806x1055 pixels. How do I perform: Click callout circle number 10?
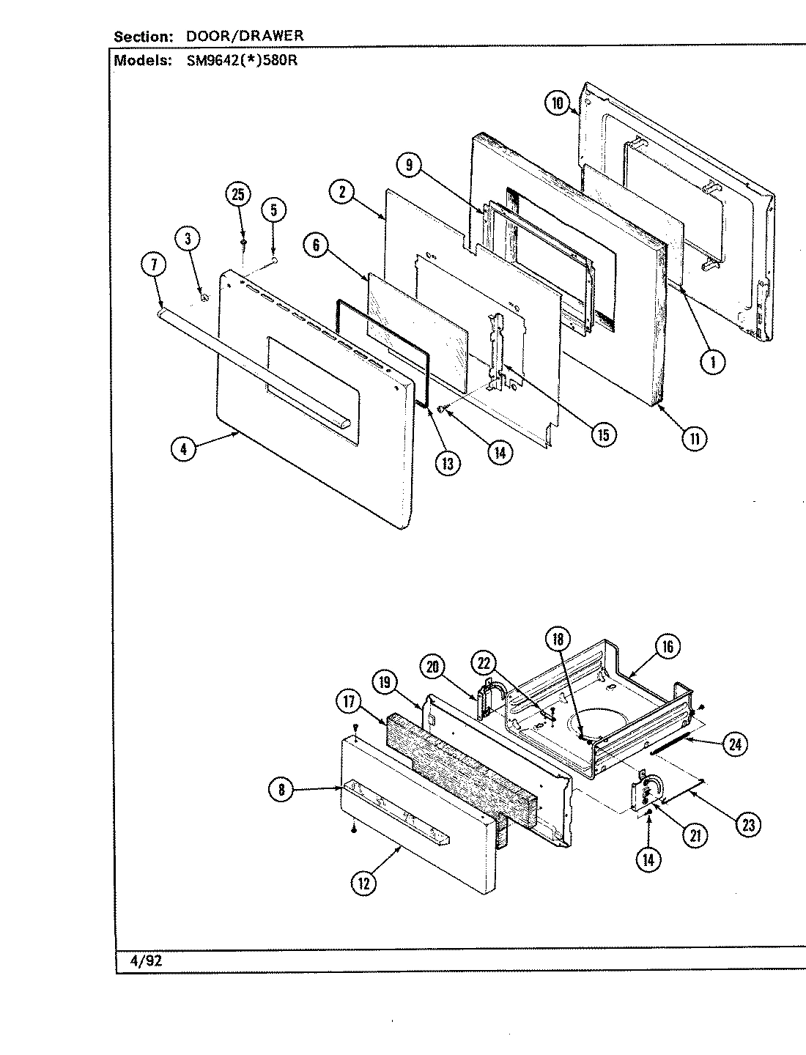tap(558, 103)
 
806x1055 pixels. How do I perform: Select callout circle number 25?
tap(238, 194)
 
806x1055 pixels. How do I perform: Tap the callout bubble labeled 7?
tap(153, 267)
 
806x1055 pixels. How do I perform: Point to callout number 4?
tap(184, 448)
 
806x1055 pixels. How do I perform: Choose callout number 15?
tap(604, 434)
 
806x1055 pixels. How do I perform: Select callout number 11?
tap(694, 439)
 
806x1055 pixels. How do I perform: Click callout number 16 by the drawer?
tap(668, 646)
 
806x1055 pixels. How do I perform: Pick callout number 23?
tap(747, 825)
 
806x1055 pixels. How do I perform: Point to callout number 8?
tap(282, 790)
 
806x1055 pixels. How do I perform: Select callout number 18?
tap(558, 639)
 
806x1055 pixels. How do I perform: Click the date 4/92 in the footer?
tap(147, 961)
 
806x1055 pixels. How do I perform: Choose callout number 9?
tap(410, 166)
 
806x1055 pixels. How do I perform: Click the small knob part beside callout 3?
tap(204, 297)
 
